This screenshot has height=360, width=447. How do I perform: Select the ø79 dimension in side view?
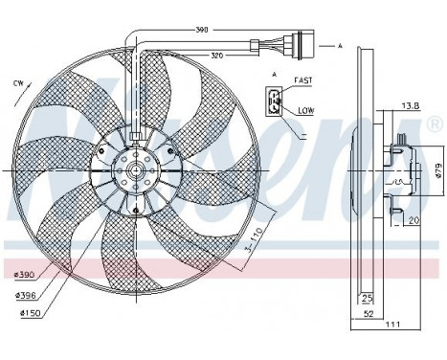pos(437,169)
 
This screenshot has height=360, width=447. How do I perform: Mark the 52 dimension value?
pos(367,313)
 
